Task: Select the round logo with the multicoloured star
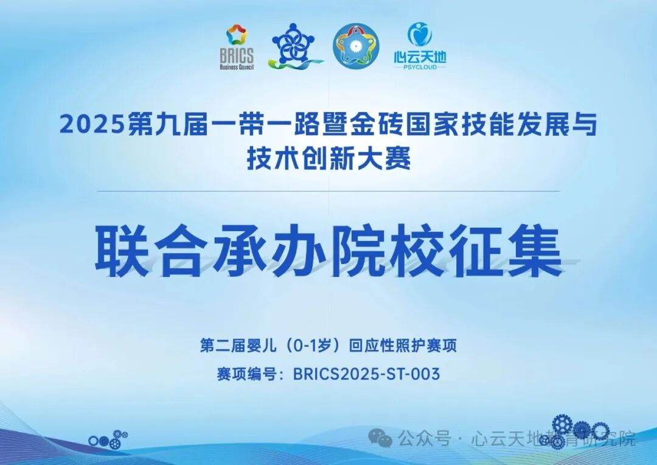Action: pos(356,46)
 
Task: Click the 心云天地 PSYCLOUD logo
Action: pos(420,44)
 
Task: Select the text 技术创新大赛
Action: pos(328,159)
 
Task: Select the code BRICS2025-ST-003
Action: pos(366,374)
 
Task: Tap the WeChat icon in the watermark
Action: pos(383,438)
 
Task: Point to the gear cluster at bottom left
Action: pos(108,439)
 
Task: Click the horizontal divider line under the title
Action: pos(328,191)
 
